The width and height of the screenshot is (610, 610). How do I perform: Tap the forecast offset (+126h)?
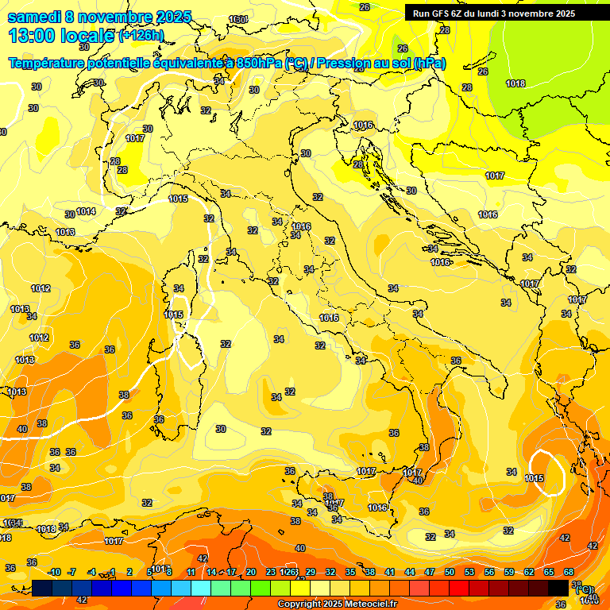pos(141,35)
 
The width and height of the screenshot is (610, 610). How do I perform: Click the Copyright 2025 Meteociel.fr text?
pos(337,604)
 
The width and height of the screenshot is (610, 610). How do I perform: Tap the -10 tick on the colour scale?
pos(54,572)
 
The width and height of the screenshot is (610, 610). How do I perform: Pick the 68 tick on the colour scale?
pos(569,572)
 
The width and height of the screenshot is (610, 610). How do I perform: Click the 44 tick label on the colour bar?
pos(410,572)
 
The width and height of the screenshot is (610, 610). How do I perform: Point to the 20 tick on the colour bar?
pos(251,572)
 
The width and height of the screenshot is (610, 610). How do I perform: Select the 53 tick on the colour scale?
pos(469,572)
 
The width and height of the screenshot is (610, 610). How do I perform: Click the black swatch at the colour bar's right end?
pos(558,588)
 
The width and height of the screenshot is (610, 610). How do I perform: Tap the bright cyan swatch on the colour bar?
pos(201,588)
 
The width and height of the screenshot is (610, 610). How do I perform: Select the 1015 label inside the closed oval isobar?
pos(534,478)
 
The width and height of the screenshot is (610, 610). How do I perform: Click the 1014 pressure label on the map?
pos(86,211)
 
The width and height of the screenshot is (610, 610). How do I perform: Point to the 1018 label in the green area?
pos(515,83)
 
